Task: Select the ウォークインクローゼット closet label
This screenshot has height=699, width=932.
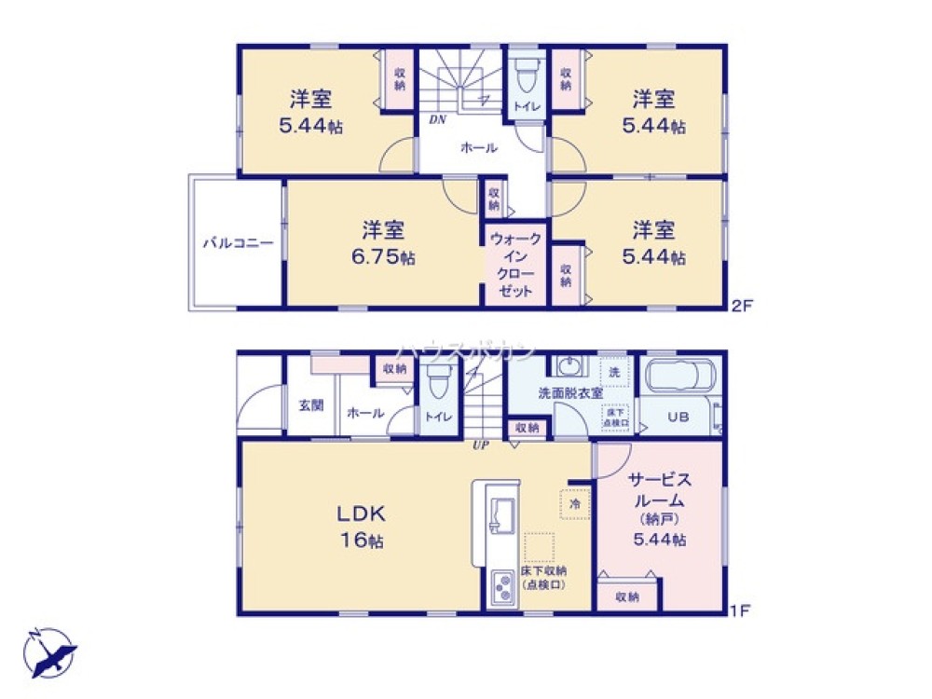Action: click(x=515, y=265)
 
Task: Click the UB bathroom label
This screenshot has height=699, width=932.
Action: click(x=678, y=418)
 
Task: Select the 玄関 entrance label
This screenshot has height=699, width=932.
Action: click(x=310, y=405)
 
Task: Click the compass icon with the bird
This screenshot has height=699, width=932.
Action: click(x=49, y=651)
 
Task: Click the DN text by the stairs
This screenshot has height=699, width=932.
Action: click(x=436, y=119)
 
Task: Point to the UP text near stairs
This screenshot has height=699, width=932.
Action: click(x=481, y=445)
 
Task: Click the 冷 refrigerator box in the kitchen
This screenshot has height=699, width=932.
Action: click(x=574, y=502)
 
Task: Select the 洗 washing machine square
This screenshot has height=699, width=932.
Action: click(x=613, y=372)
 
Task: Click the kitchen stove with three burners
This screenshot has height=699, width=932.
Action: click(x=504, y=587)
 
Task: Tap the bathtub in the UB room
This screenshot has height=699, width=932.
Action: click(x=679, y=378)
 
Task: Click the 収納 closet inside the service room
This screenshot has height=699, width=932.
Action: click(x=627, y=596)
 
